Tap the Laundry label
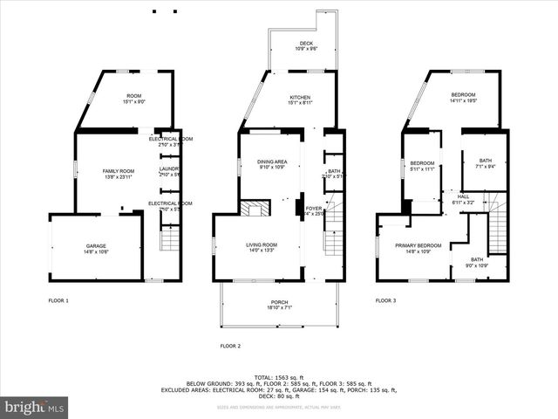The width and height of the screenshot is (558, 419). (x=170, y=172)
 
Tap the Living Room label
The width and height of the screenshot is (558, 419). (x=262, y=247)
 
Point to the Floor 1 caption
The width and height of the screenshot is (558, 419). (x=59, y=300)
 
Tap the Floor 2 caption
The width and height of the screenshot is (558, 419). (x=229, y=346)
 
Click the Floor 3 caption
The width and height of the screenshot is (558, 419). (x=385, y=300)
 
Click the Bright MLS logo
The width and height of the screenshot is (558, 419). (x=35, y=407)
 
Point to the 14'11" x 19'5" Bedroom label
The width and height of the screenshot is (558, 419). (x=463, y=97)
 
